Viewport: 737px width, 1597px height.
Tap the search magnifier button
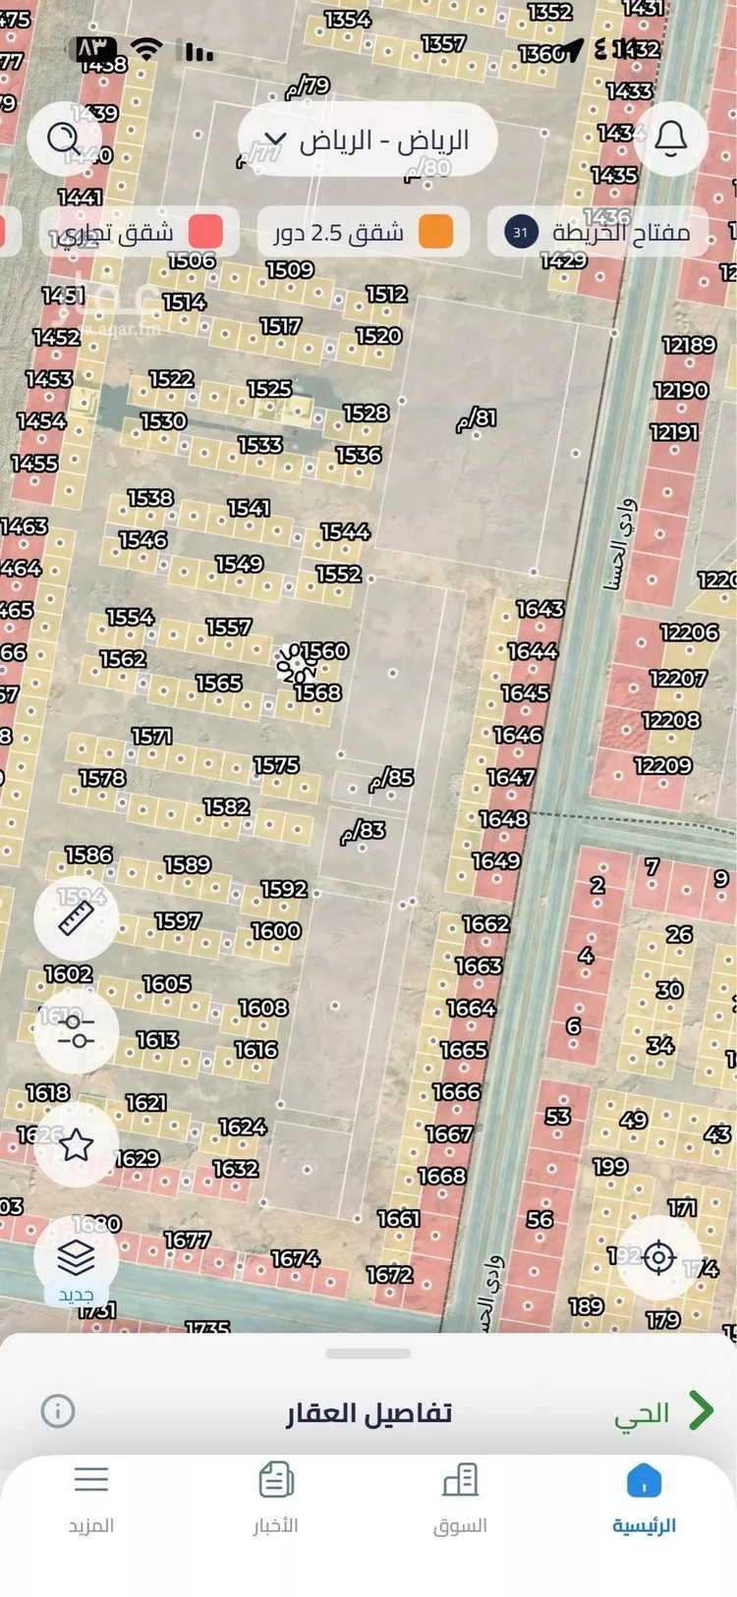65,138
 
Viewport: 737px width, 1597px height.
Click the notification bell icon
671,138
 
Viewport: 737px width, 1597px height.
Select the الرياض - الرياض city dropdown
367,139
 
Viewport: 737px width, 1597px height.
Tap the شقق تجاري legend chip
138,233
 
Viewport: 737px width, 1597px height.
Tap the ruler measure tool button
76,918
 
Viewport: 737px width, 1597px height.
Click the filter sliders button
76,1031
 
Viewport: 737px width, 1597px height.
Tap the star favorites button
76,1144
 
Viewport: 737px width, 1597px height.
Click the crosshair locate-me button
658,1257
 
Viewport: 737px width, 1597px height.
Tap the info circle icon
58,1411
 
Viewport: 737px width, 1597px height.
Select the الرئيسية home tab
644,1495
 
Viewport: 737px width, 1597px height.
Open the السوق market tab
460,1495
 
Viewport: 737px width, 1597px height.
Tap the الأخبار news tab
276,1495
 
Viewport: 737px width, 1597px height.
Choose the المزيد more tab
91,1495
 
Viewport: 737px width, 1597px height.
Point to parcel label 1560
325,651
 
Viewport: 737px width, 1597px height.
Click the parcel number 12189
689,345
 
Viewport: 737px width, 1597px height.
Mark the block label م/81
477,418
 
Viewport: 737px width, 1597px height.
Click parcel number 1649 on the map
496,861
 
